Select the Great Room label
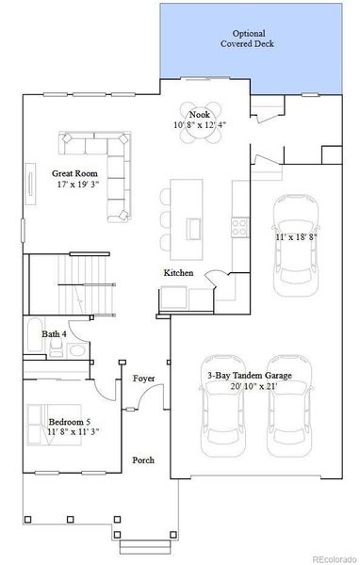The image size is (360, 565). click(72, 173)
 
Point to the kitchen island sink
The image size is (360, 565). click(194, 229)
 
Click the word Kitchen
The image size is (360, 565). click(178, 272)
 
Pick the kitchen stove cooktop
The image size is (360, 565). click(239, 226)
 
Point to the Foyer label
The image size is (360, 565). click(144, 379)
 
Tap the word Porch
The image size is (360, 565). click(143, 460)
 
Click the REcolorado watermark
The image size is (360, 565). click(329, 557)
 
